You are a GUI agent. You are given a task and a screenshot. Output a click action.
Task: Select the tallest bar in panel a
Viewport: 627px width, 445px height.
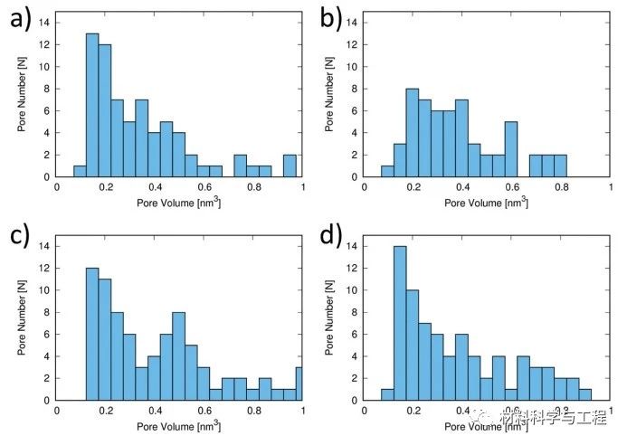[x=91, y=105]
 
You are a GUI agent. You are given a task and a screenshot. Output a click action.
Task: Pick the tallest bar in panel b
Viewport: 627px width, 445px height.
[x=413, y=132]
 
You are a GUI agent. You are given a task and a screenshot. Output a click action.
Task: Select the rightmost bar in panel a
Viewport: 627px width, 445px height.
[x=290, y=166]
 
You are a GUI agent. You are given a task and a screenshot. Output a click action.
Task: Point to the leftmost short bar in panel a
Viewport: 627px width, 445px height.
[x=80, y=171]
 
